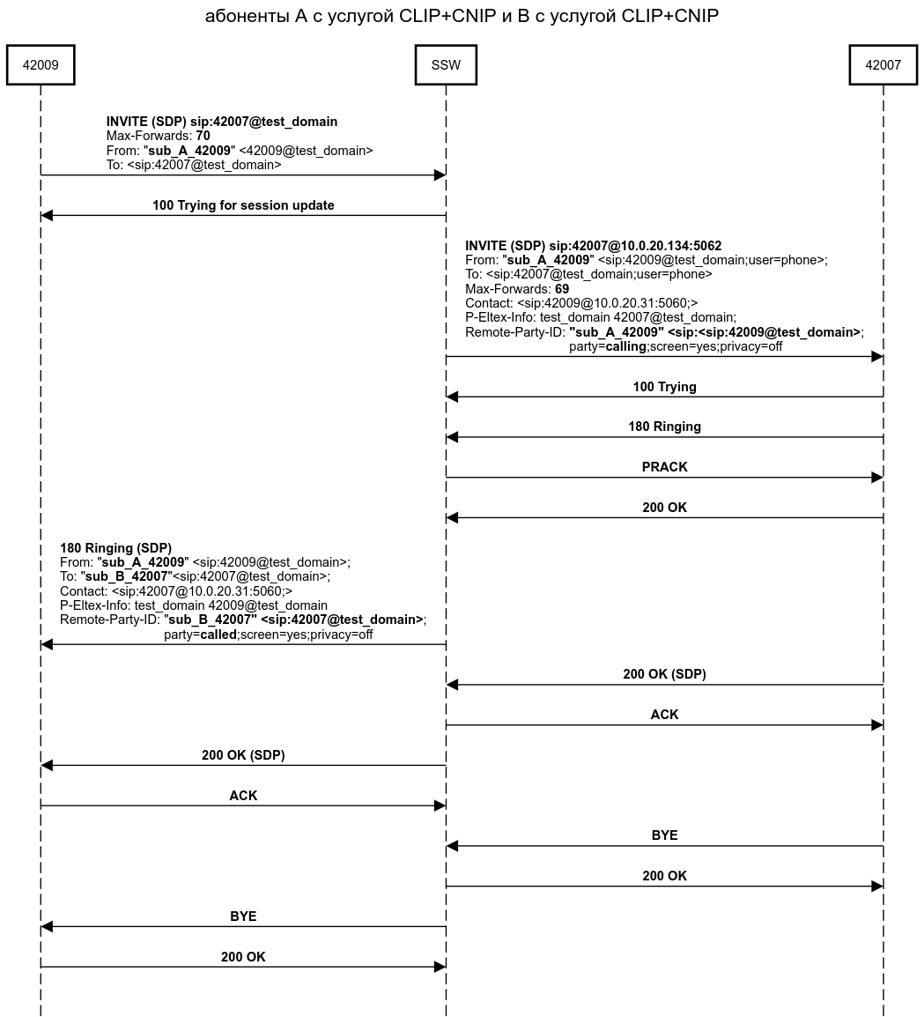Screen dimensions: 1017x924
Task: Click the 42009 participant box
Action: [x=41, y=65]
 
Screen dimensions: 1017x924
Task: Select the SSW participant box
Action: [x=446, y=65]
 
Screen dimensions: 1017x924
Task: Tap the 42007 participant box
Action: [x=883, y=65]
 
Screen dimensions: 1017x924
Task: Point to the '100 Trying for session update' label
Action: [x=243, y=205]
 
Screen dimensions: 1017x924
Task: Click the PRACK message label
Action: [x=664, y=467]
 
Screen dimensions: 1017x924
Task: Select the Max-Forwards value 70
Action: [x=203, y=136]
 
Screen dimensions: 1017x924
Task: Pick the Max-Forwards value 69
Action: [x=562, y=288]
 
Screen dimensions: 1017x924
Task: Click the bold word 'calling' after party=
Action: [x=625, y=346]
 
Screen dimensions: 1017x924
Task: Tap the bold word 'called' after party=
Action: [x=218, y=635]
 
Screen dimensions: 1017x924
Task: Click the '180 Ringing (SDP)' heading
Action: [x=115, y=548]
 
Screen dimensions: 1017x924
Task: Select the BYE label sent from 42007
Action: [x=664, y=835]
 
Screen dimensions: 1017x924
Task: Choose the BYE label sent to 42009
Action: [x=243, y=917]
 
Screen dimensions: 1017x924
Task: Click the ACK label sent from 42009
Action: [x=243, y=796]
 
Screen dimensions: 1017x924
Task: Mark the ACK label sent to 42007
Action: [x=664, y=715]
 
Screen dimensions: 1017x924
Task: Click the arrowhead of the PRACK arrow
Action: [x=877, y=478]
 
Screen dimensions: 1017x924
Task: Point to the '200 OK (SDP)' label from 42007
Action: [x=664, y=674]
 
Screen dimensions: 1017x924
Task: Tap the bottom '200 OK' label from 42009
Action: [x=243, y=957]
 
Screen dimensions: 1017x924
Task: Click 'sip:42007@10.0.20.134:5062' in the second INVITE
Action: [x=635, y=246]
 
